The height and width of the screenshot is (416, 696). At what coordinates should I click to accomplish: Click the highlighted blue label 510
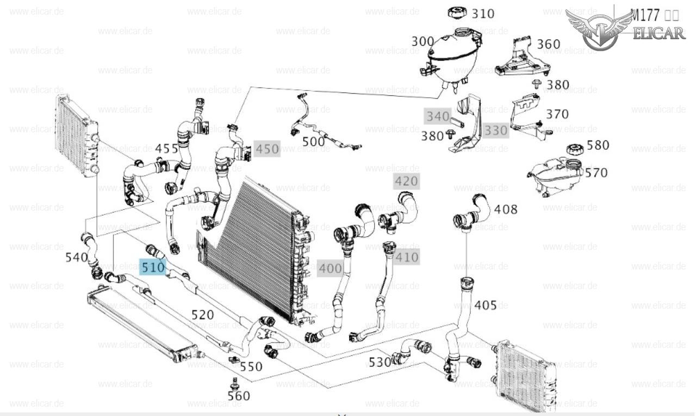tap(153, 267)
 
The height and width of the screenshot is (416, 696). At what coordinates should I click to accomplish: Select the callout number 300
tap(422, 41)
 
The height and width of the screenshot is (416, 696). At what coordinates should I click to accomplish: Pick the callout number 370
tap(557, 114)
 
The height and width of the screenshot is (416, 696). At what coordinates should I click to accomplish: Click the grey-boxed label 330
tap(495, 131)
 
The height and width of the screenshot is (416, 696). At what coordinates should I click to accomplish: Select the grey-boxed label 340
tap(438, 116)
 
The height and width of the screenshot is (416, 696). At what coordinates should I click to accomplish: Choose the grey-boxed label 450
tap(267, 149)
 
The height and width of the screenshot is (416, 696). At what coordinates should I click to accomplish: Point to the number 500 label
tap(313, 142)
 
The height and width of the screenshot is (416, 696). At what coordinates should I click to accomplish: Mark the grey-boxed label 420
tap(407, 181)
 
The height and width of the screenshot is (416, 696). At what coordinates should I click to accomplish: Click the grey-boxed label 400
tap(331, 268)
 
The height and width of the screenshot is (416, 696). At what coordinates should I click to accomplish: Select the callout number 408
tap(506, 210)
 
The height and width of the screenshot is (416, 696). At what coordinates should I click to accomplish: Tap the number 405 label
tap(486, 305)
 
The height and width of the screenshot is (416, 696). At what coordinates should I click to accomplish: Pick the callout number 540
tap(77, 257)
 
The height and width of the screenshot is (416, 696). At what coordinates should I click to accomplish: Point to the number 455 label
tap(167, 148)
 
